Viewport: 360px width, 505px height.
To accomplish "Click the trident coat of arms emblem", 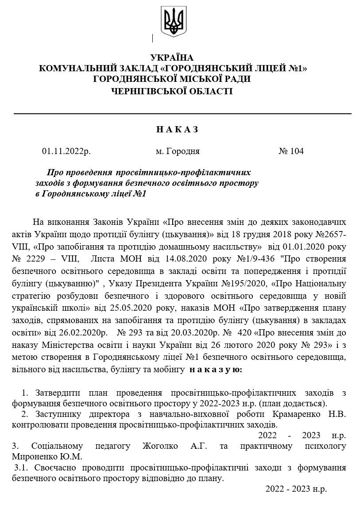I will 174,22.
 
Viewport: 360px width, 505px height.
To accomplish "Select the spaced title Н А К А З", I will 177,129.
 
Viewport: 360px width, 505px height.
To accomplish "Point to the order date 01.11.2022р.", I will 66,151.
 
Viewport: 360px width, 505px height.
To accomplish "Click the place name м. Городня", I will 178,151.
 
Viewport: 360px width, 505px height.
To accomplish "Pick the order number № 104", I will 291,151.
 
